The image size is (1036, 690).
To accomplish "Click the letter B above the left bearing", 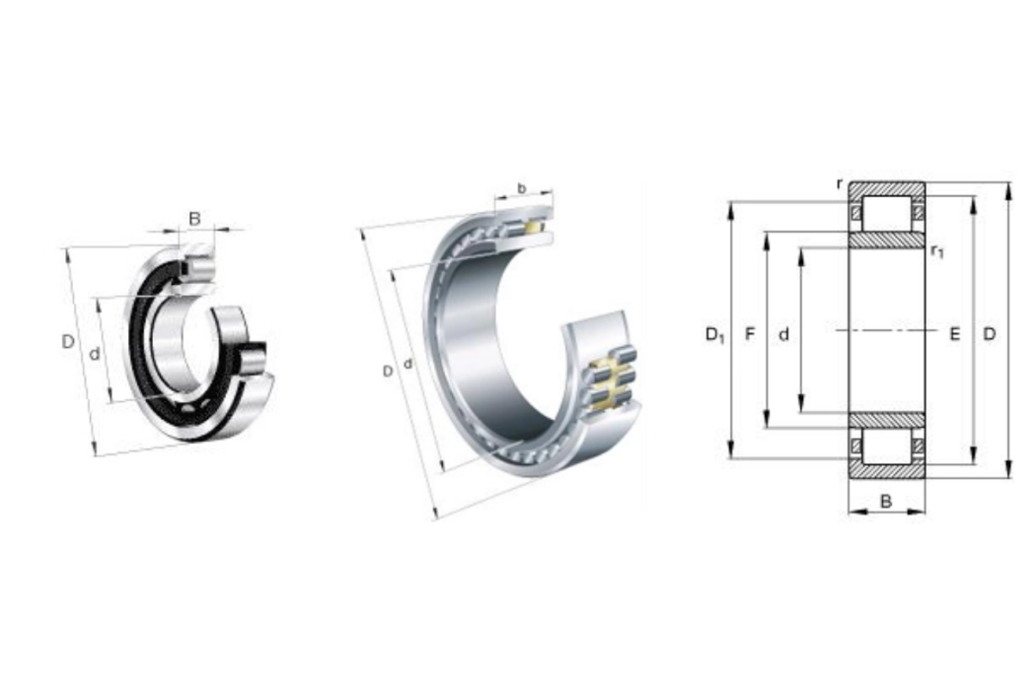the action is coord(194,218).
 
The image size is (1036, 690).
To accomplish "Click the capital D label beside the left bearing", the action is coord(68,341).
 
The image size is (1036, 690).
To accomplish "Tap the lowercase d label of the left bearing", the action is coord(95,354).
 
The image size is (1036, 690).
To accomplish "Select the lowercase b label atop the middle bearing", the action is coord(521,189).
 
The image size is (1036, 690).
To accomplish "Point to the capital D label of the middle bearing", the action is coord(388,371).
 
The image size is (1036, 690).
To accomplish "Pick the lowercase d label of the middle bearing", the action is coord(407,363).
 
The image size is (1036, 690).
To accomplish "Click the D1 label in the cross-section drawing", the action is coord(715,335).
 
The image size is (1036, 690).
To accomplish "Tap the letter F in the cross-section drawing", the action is coord(750,334).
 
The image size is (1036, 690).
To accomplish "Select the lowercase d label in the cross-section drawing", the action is coord(783,335).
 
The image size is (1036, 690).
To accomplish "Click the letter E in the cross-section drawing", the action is coord(955,334).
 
